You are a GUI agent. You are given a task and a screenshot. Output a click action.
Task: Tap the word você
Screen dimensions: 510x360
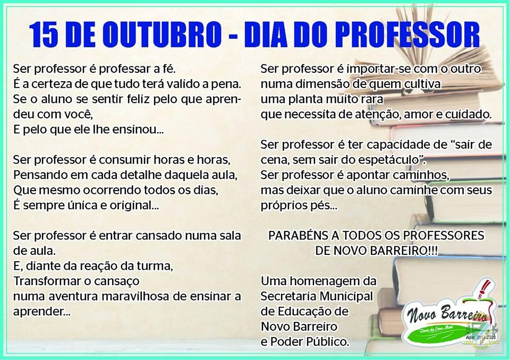[x=76, y=115]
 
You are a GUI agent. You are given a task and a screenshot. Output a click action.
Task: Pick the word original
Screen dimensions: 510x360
[x=134, y=205]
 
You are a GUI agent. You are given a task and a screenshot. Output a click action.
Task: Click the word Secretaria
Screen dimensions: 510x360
[x=288, y=296]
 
